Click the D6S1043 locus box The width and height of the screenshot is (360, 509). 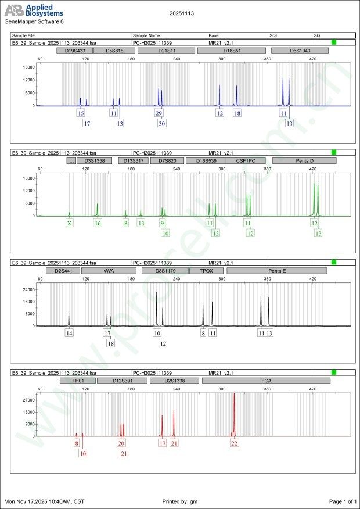point(300,51)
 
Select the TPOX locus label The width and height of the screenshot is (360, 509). point(206,271)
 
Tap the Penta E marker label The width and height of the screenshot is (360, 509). point(276,271)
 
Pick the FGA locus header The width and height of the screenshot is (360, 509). point(265,381)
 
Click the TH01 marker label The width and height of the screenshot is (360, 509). point(77,381)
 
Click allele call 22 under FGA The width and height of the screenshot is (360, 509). point(235,443)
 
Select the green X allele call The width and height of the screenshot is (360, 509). point(70,223)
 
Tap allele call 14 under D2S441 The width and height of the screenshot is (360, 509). point(69,334)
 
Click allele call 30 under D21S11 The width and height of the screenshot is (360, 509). point(162,123)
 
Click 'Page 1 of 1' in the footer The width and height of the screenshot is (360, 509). point(342,501)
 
